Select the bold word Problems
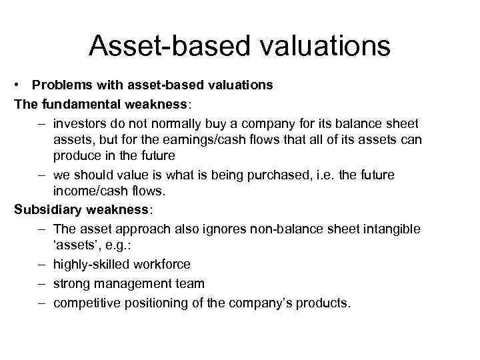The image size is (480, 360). (61, 85)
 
